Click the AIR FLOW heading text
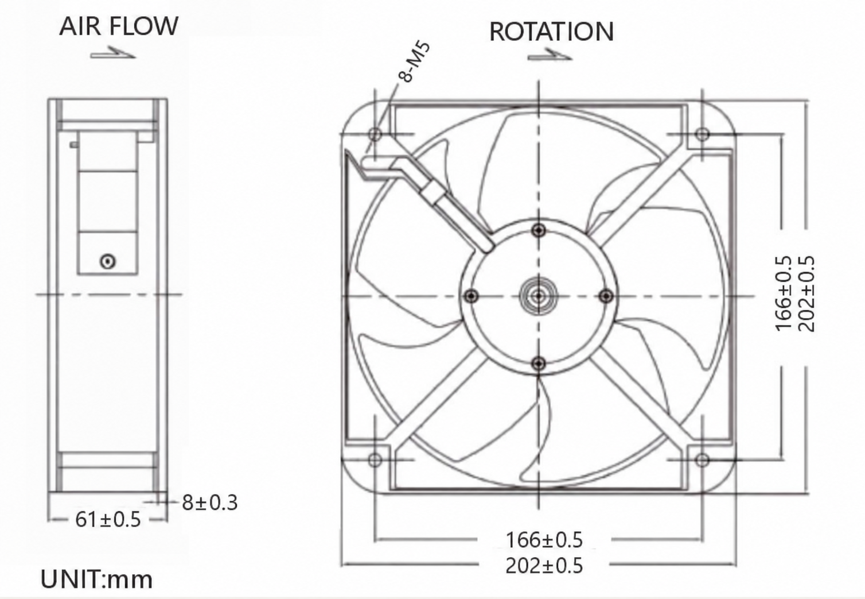[x=119, y=26]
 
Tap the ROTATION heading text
[x=551, y=32]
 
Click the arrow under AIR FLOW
[x=113, y=53]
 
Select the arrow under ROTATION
[x=550, y=55]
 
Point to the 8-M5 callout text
[x=415, y=62]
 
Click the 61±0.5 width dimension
[x=108, y=519]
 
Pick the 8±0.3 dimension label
[x=210, y=503]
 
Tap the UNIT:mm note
[x=96, y=579]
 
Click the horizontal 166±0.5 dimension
[x=544, y=539]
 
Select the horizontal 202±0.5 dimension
[x=544, y=566]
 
